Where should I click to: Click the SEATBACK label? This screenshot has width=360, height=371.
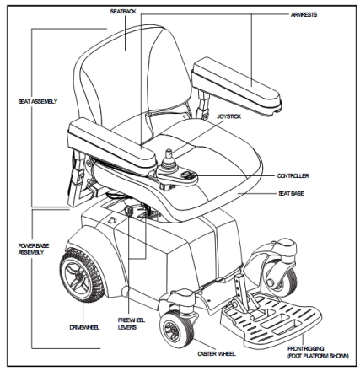point(123,12)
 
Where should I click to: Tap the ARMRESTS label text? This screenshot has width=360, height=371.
point(304,14)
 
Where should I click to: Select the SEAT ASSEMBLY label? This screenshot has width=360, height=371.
point(38,101)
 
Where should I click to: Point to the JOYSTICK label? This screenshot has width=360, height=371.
point(229,116)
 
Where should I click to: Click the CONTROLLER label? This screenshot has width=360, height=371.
point(293,176)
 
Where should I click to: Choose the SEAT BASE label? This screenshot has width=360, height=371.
point(291,193)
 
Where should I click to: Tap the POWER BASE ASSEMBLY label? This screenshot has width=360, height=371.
point(34,249)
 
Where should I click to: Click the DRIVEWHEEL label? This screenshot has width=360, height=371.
point(84,327)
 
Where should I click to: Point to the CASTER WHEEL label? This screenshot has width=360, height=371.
point(217,353)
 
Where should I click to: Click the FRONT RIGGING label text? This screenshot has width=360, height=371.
point(306,348)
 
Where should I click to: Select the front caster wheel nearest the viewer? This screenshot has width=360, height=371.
point(176,329)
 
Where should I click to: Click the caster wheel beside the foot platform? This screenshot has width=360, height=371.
point(281,277)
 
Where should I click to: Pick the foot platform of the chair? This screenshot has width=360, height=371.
point(271,320)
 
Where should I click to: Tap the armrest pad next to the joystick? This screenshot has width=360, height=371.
point(112,144)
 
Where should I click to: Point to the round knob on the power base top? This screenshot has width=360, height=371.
point(112,219)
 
